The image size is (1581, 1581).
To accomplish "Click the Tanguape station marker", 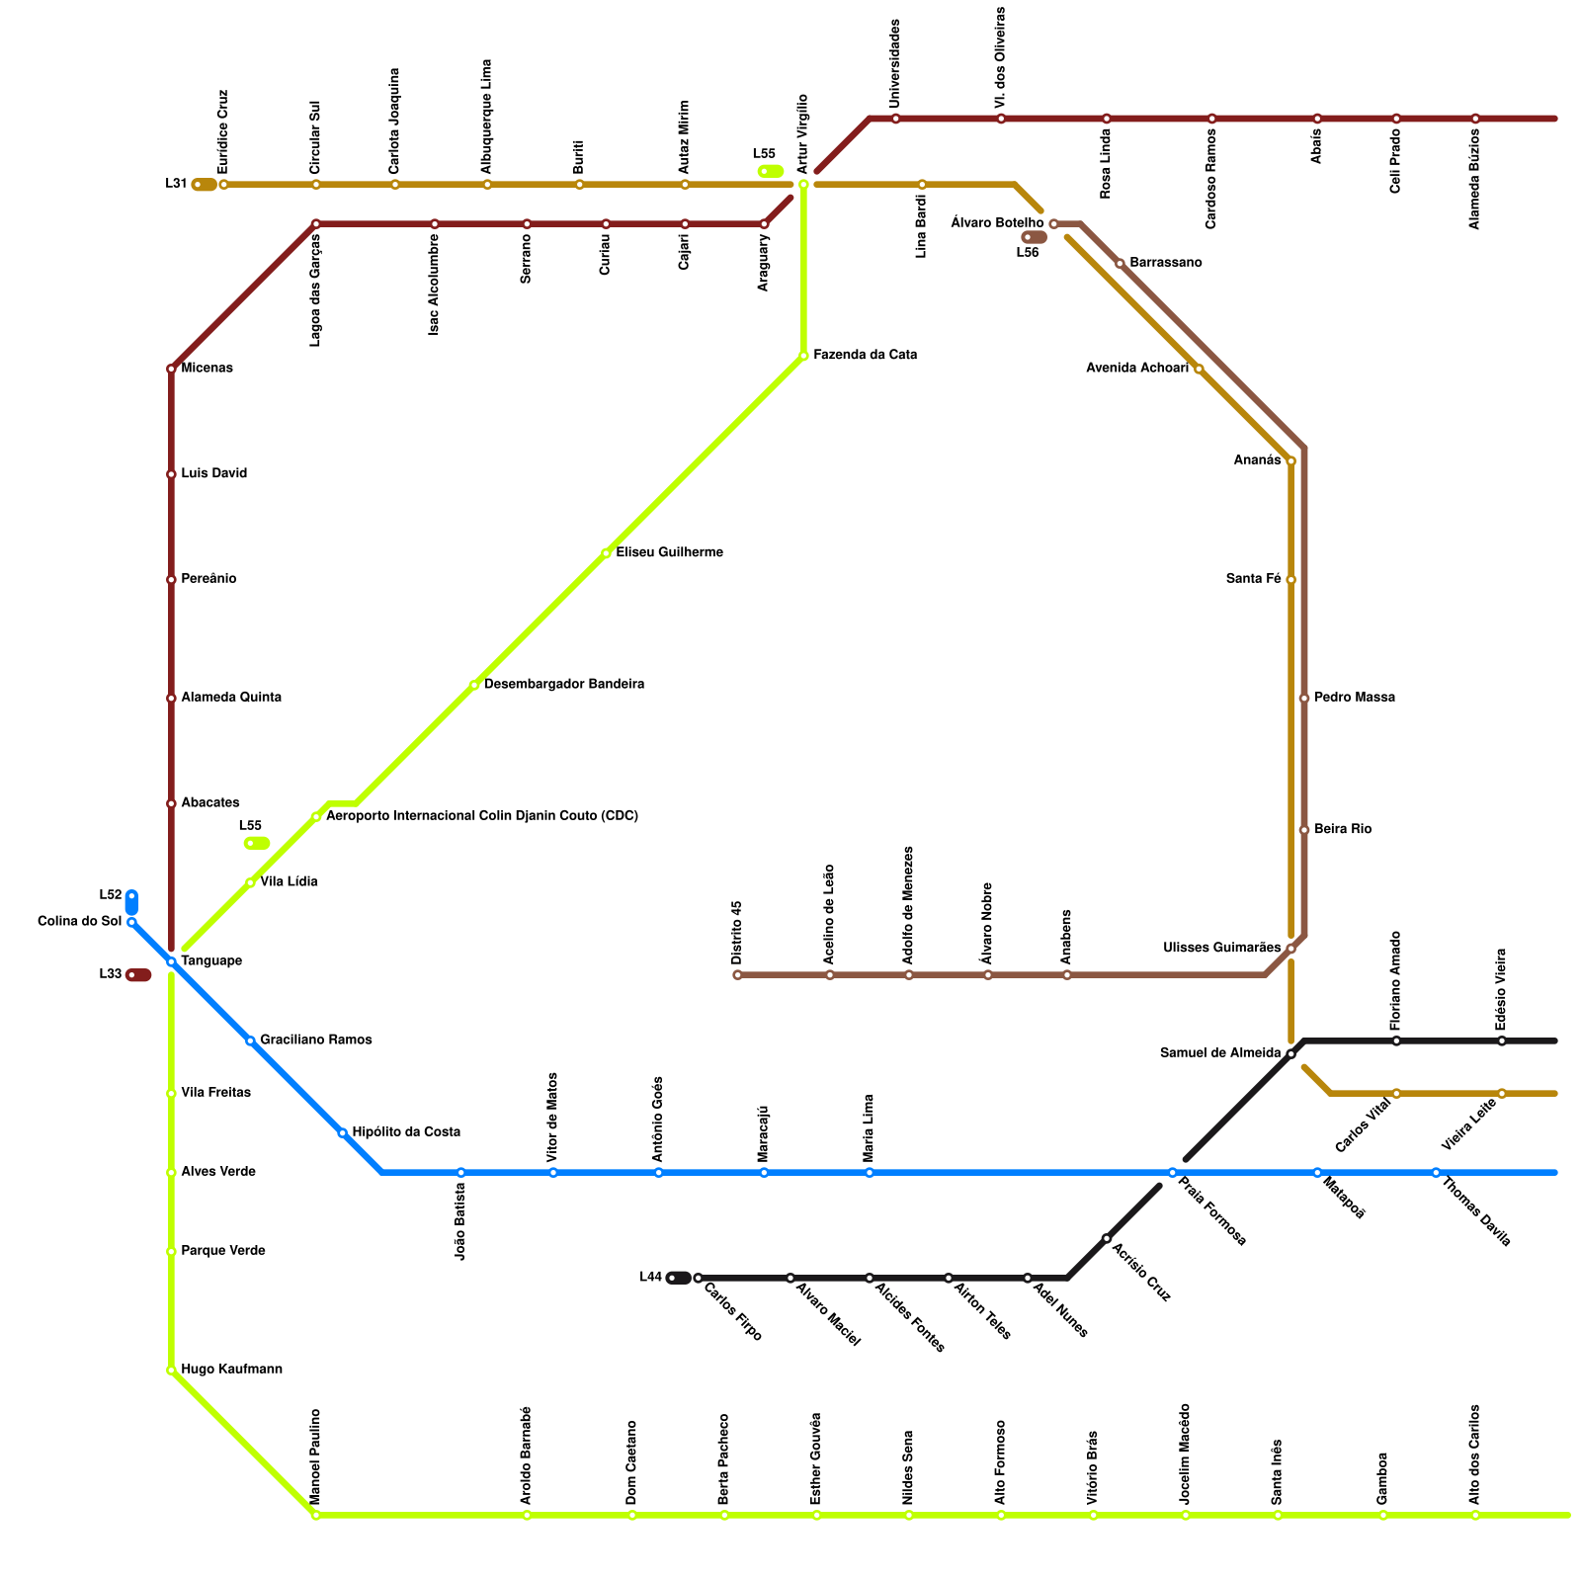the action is point(171,961).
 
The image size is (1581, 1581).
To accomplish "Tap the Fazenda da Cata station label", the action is point(865,355).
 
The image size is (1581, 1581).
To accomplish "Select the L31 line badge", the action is point(205,185).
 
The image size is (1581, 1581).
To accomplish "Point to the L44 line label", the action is point(650,1277).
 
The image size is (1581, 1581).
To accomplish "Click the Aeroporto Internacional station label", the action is point(481,816).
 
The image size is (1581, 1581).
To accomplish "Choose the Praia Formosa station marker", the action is point(1172,1173).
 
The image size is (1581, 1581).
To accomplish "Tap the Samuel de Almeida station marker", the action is point(1290,1054).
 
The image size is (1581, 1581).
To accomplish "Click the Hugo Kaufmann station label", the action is point(231,1370).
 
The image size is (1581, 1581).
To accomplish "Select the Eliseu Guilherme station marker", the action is point(606,553).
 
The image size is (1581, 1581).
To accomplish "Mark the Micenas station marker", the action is point(171,370).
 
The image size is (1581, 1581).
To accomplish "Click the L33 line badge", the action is point(139,975).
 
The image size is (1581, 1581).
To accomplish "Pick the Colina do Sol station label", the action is point(79,922).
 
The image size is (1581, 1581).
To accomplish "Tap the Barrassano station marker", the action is point(1120,264).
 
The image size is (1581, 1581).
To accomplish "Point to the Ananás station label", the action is point(1257,460).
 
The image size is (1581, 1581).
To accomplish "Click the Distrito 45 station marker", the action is point(737,975).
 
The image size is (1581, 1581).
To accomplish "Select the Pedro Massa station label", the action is point(1354,698).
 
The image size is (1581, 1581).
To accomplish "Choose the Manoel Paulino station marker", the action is point(316,1515).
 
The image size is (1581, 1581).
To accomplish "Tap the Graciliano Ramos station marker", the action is point(250,1040).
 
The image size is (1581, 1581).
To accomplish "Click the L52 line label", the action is point(110,895).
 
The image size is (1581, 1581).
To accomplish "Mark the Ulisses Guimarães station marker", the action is point(1290,949).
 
